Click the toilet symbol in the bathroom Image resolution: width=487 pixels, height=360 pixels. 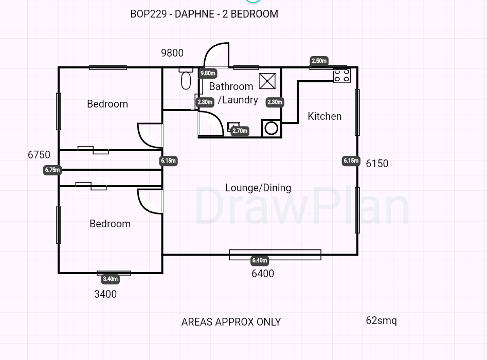(x=186, y=78)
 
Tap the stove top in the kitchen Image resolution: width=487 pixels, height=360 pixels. (x=342, y=76)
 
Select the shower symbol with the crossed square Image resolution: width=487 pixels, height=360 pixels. (x=267, y=81)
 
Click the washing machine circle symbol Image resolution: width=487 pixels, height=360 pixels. (x=272, y=128)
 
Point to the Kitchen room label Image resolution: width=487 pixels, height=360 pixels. (x=324, y=116)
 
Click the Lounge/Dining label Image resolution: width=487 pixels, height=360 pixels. (x=258, y=188)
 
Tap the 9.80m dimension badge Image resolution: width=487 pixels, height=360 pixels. (x=208, y=74)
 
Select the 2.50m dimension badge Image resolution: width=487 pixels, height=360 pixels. (x=319, y=61)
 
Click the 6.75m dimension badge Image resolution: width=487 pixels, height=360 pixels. (x=52, y=170)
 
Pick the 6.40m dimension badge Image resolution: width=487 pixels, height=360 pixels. (x=260, y=261)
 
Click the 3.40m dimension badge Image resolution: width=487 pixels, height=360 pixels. (x=110, y=279)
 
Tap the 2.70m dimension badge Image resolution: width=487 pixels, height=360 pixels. (x=240, y=131)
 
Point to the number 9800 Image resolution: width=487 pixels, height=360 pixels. (x=172, y=53)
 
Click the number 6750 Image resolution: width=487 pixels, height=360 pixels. (x=39, y=155)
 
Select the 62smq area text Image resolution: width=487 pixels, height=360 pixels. (x=382, y=320)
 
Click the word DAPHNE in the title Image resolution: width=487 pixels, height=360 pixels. (x=195, y=14)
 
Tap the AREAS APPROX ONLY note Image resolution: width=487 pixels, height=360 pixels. (x=231, y=322)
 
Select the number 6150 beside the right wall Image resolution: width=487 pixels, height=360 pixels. (x=377, y=164)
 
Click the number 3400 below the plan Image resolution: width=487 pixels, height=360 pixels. (x=105, y=294)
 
